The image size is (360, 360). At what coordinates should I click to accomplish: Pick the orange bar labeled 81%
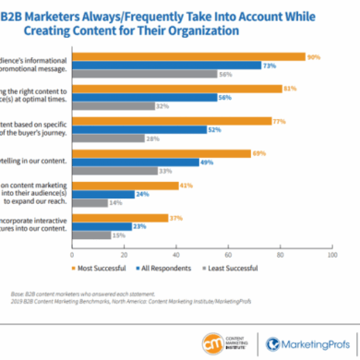point(198,89)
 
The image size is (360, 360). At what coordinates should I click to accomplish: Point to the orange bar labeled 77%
point(193,121)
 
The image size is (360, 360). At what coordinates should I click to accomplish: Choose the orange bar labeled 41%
point(143,186)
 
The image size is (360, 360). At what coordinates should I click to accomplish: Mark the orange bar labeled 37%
point(138,218)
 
